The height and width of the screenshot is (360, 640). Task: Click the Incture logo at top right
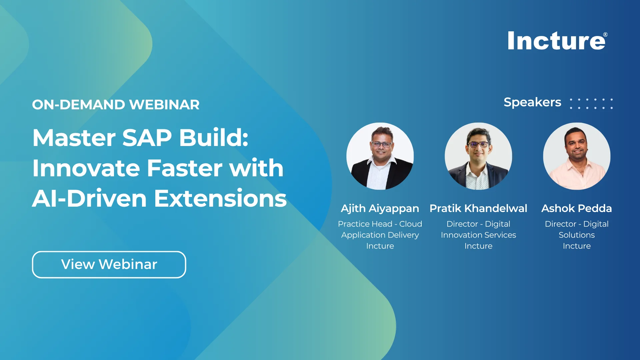[x=556, y=41]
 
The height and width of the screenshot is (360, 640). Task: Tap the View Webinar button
[x=109, y=264]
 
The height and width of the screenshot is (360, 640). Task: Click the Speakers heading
[x=532, y=102]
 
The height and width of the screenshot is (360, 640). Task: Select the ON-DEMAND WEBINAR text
[x=116, y=105]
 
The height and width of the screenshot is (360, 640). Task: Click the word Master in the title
[x=74, y=138]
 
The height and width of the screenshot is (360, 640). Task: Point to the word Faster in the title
[x=185, y=168]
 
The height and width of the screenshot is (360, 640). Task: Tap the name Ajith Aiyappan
[x=380, y=208]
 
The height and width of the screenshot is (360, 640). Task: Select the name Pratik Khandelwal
[x=478, y=208]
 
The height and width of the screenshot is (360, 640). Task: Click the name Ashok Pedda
[x=577, y=208]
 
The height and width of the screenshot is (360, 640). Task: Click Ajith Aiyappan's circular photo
[x=380, y=156]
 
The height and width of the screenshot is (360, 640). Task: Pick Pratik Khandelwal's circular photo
[x=478, y=156]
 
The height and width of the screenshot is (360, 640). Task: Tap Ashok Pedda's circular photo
[x=577, y=156]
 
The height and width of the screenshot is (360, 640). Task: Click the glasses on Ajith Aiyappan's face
[x=381, y=144]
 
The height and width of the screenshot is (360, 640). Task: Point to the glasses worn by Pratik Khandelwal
[x=478, y=144]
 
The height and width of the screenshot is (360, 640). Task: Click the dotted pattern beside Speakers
[x=591, y=103]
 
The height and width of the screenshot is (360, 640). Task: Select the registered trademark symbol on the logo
[x=605, y=35]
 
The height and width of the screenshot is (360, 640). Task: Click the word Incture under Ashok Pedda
[x=577, y=246]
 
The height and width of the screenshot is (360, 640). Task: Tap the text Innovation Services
[x=478, y=235]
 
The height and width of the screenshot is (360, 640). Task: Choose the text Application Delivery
[x=380, y=235]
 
